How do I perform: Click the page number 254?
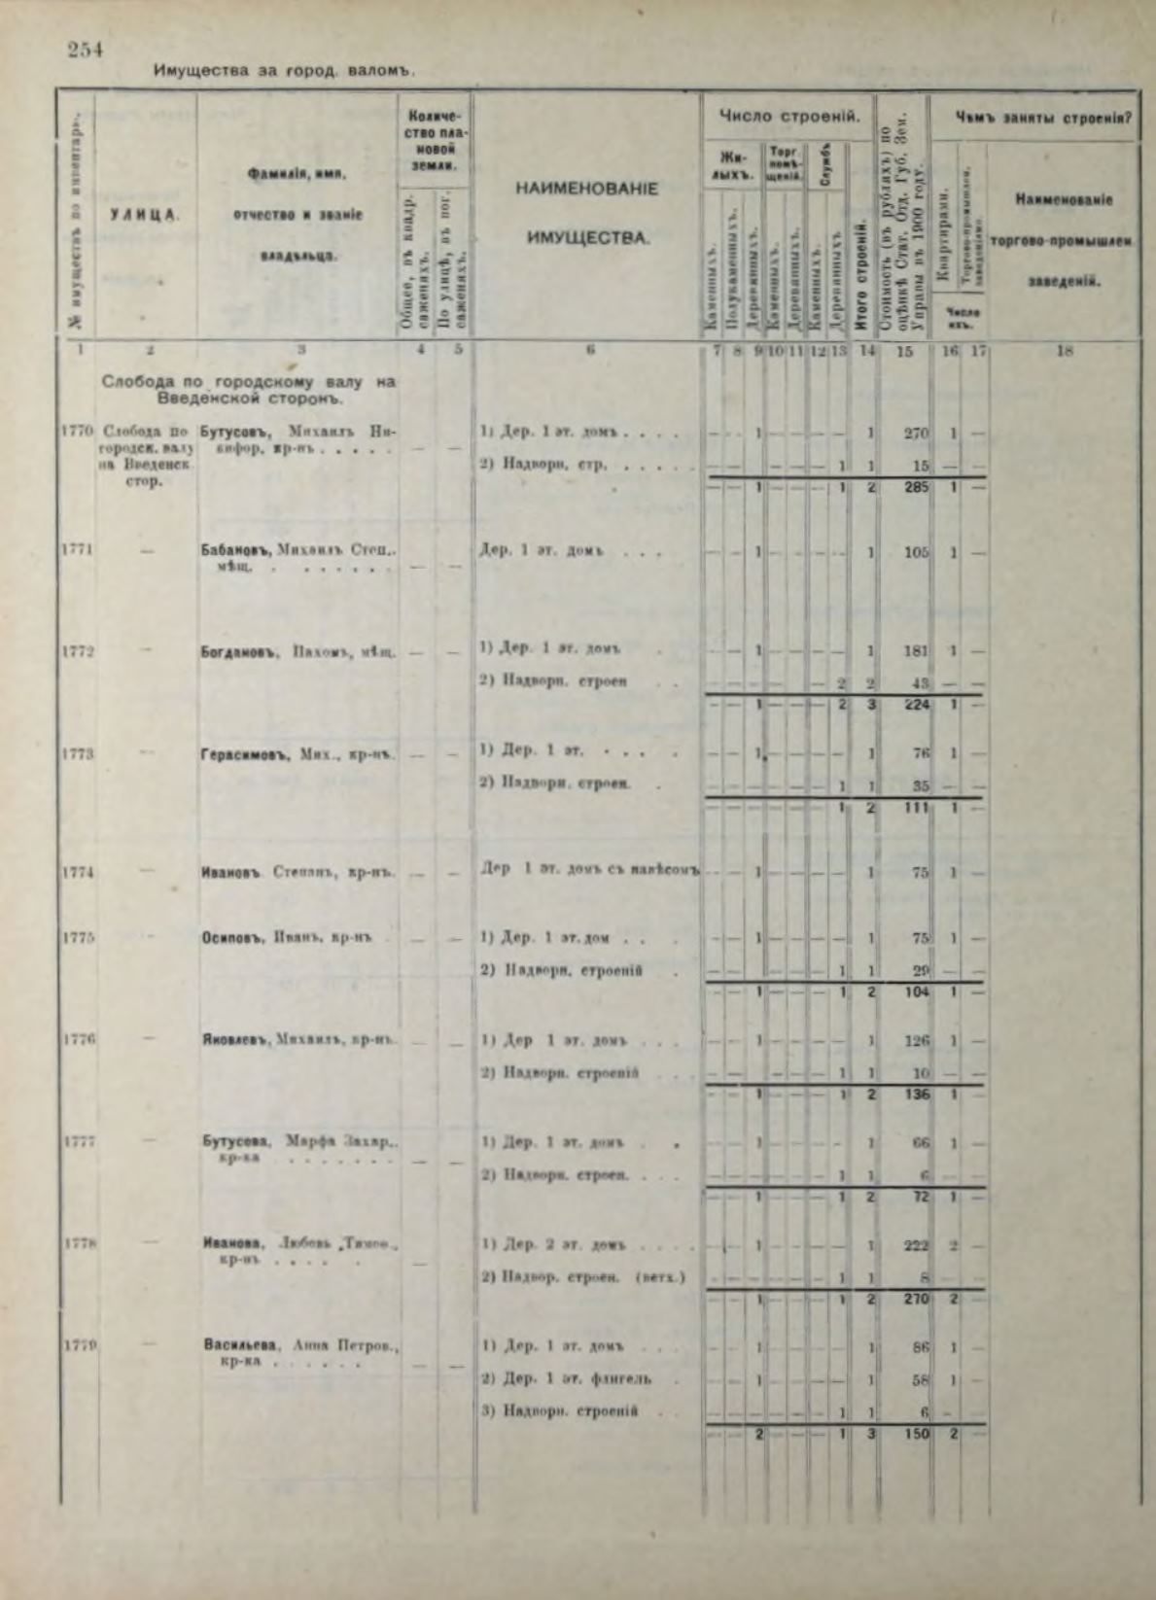85,50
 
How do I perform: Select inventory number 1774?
76,872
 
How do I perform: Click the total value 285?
915,487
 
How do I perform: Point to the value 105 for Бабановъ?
915,552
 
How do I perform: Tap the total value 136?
915,1095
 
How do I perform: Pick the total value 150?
915,1433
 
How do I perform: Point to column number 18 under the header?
1064,353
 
